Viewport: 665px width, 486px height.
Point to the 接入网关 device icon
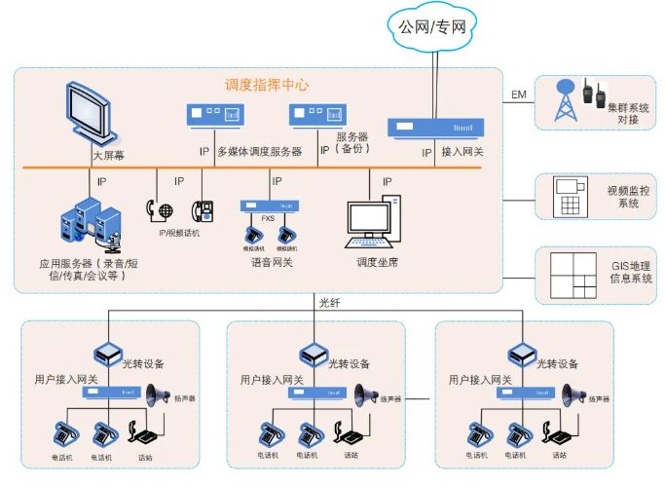(435, 128)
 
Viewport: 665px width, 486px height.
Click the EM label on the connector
(519, 94)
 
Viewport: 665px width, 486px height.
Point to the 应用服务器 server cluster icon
(92, 224)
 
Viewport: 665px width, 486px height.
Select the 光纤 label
(330, 302)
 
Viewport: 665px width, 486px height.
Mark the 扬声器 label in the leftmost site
(185, 397)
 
